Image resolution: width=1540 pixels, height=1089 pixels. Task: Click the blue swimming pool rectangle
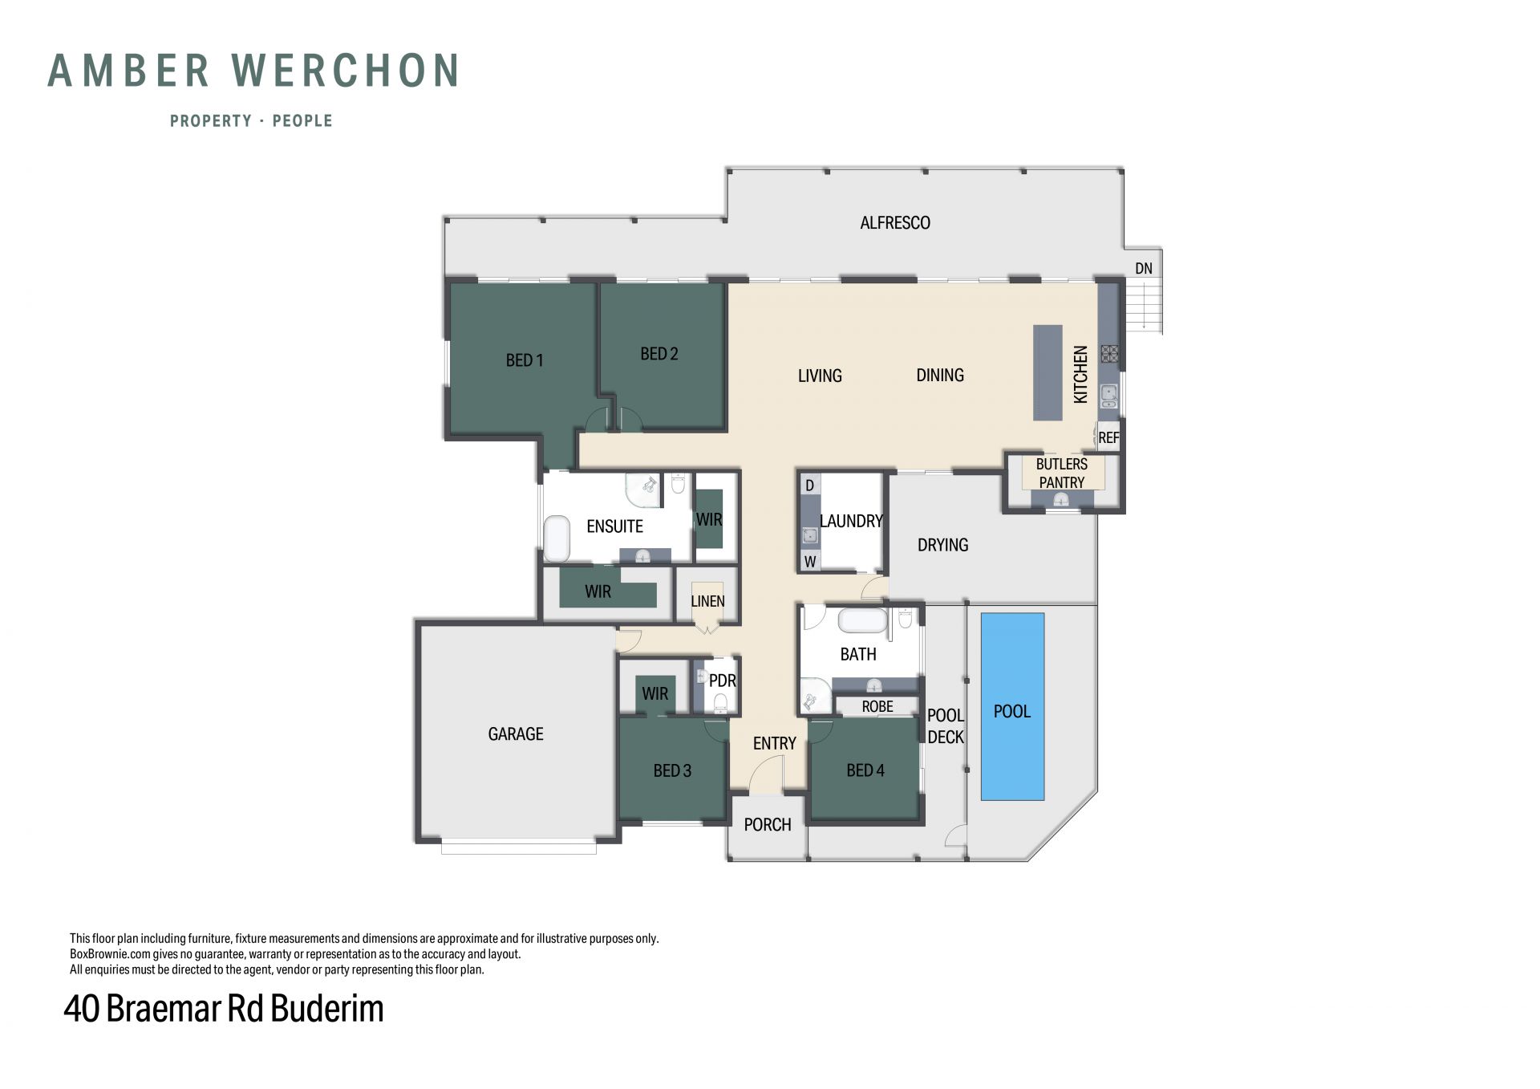click(1012, 707)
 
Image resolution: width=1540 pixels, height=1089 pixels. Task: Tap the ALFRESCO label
click(895, 223)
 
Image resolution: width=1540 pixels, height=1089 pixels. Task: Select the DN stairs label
click(1144, 268)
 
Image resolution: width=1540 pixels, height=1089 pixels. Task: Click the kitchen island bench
click(1048, 372)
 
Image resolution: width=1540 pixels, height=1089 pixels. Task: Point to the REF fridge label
click(1108, 437)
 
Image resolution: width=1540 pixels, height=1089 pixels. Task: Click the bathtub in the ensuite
click(557, 538)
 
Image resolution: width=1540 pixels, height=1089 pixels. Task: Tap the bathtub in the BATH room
click(863, 621)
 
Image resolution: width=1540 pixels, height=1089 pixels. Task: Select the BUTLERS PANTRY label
click(1062, 473)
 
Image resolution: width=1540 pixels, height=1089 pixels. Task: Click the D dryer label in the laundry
click(810, 486)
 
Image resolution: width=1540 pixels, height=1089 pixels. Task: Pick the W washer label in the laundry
click(810, 562)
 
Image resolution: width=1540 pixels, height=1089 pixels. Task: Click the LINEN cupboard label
click(707, 601)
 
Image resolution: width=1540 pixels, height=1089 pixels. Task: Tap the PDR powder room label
click(723, 681)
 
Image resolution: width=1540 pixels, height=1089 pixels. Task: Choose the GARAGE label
click(516, 733)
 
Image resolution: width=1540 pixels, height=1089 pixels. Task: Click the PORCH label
click(768, 824)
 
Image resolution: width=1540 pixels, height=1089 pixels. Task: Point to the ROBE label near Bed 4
click(877, 706)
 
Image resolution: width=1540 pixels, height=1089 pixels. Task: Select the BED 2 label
click(659, 354)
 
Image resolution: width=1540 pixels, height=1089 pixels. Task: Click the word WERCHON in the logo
click(346, 71)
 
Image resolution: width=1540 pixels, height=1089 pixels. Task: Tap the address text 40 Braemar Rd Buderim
click(224, 1009)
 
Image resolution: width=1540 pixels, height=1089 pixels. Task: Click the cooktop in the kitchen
click(1109, 354)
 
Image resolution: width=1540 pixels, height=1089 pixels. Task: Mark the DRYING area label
click(943, 545)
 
